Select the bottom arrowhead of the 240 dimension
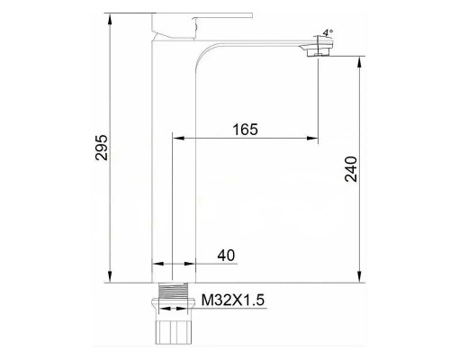point(361,278)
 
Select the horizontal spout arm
point(261,45)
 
